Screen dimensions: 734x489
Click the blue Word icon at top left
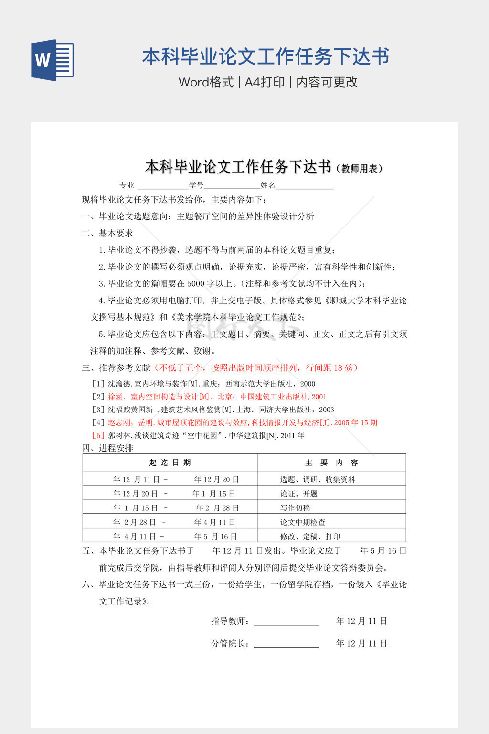tap(53, 60)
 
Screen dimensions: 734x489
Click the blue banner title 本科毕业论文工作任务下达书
tap(266, 57)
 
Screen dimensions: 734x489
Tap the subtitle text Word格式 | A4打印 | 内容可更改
tap(268, 82)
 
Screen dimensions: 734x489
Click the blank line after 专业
tap(163, 186)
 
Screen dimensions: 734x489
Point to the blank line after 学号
tap(232, 186)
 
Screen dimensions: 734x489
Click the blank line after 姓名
tap(305, 186)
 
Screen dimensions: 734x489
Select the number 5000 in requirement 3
tap(196, 284)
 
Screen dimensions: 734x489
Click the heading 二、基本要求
tap(107, 233)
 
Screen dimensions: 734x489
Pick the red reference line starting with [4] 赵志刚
tap(234, 422)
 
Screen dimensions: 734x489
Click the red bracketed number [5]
tap(98, 435)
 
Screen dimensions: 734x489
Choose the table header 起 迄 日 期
tap(170, 463)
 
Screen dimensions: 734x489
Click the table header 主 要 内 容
tap(331, 463)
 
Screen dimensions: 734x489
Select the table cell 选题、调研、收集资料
tap(318, 479)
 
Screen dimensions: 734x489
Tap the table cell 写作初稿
tap(295, 508)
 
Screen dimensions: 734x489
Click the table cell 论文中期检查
tap(303, 522)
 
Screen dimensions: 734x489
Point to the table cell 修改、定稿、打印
tap(310, 536)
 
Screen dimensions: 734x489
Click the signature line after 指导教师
tap(286, 622)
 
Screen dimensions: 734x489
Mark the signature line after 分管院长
tap(286, 644)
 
